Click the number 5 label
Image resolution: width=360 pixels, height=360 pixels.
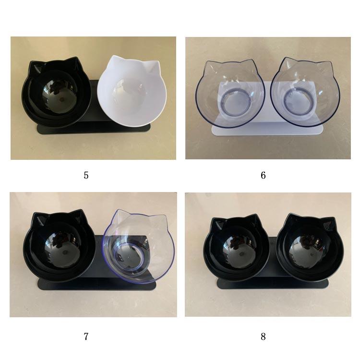(86, 175)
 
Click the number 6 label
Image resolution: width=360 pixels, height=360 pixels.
(264, 175)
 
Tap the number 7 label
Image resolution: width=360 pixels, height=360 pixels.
(86, 336)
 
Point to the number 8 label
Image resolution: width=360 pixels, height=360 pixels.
(264, 336)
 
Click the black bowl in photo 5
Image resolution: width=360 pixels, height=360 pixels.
(56, 92)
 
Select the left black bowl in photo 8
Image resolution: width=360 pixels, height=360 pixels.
(236, 249)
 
